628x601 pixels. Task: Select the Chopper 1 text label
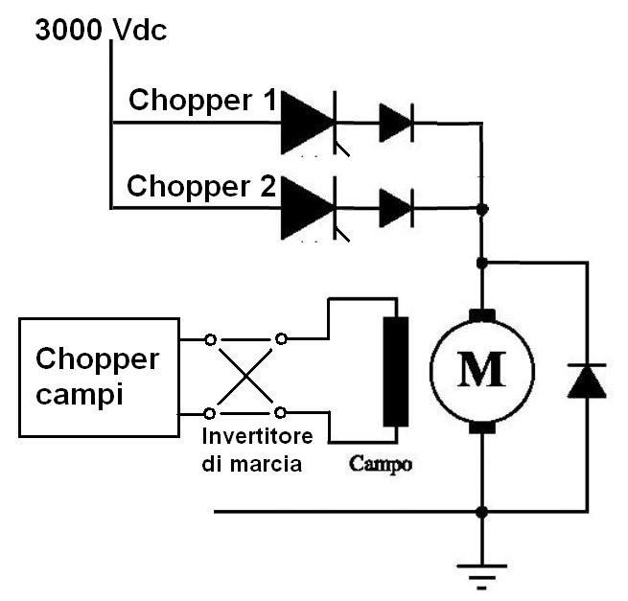pos(202,101)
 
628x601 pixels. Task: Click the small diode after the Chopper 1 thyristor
pos(396,123)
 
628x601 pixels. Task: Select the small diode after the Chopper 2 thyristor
pos(396,207)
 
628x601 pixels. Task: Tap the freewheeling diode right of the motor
pos(586,381)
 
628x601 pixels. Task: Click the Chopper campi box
pos(99,378)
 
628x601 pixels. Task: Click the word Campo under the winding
pos(381,464)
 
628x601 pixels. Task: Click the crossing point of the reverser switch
pos(245,376)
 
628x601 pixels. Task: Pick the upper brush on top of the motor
pos(481,317)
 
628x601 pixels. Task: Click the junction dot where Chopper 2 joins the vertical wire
pos(482,208)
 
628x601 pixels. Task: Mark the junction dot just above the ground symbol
pos(481,512)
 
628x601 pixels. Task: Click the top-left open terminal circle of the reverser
pos(210,338)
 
